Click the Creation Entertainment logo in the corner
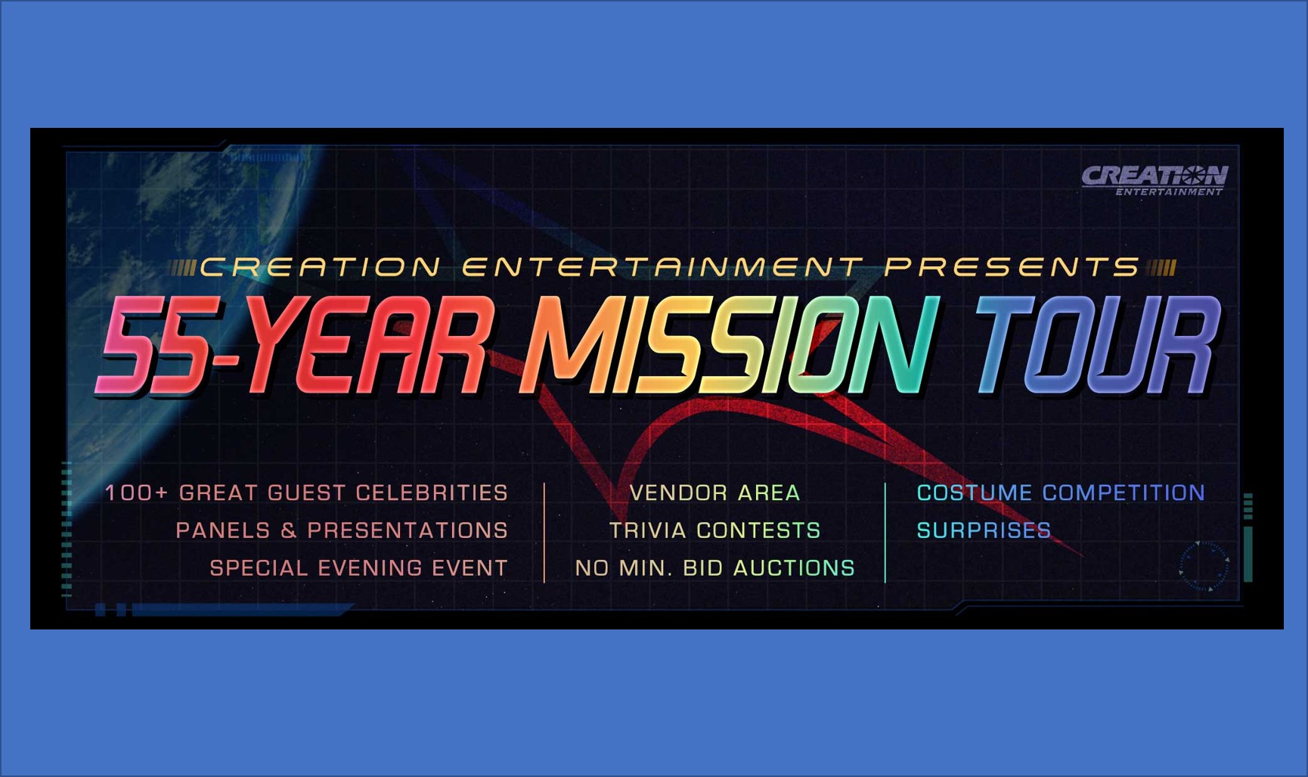tap(1154, 180)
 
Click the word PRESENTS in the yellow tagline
tap(1012, 267)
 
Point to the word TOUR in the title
tap(1097, 345)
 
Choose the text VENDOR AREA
tap(714, 493)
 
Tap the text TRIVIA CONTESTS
tap(714, 530)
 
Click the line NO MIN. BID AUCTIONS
tap(714, 568)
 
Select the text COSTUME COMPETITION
tap(1061, 493)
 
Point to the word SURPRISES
tap(984, 530)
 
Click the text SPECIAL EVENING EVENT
tap(358, 568)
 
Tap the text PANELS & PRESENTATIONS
tap(342, 530)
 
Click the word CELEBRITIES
tap(432, 493)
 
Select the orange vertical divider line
tap(544, 533)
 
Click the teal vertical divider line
tap(885, 533)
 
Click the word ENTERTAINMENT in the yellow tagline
tap(662, 267)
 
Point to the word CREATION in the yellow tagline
tap(320, 267)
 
